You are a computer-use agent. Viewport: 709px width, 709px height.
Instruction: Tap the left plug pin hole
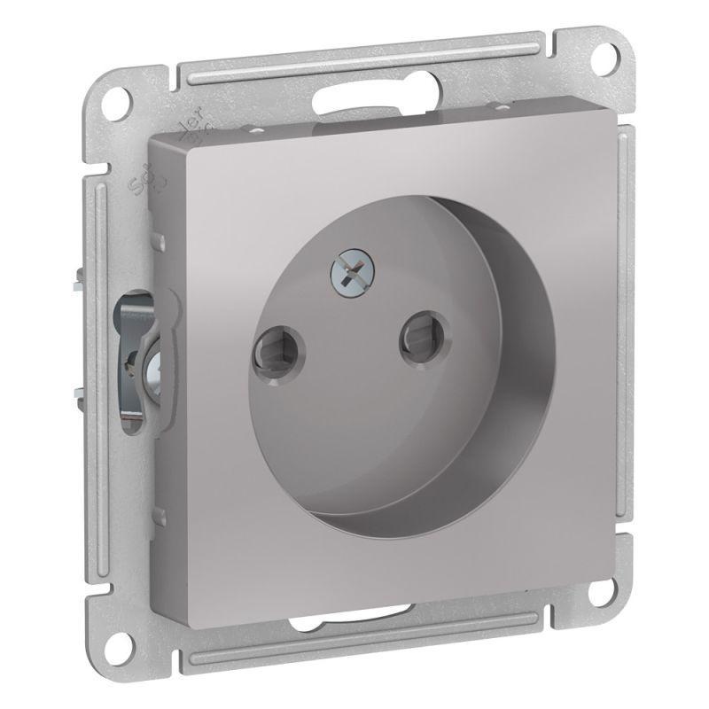pyautogui.click(x=269, y=344)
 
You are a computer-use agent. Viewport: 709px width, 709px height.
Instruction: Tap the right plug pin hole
pyautogui.click(x=414, y=338)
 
